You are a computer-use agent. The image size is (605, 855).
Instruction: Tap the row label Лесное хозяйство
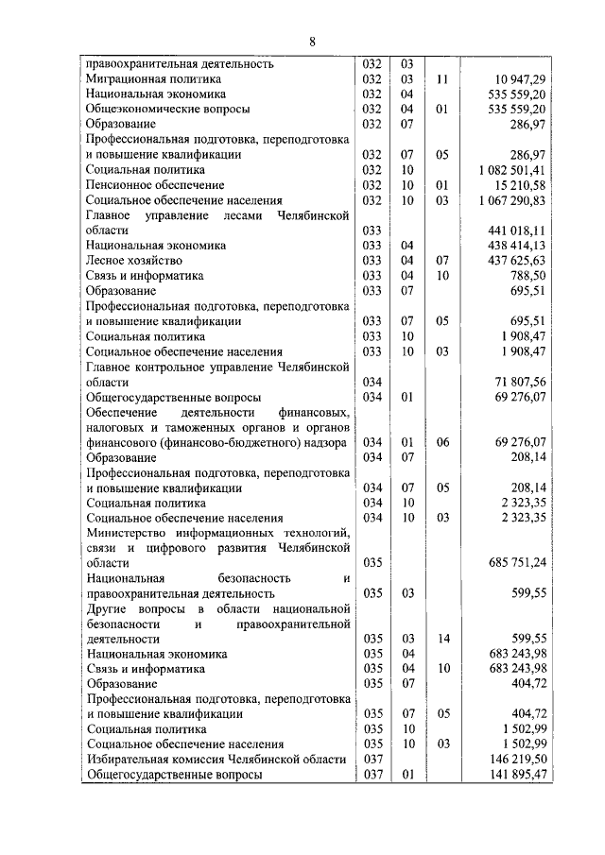tap(133, 259)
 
